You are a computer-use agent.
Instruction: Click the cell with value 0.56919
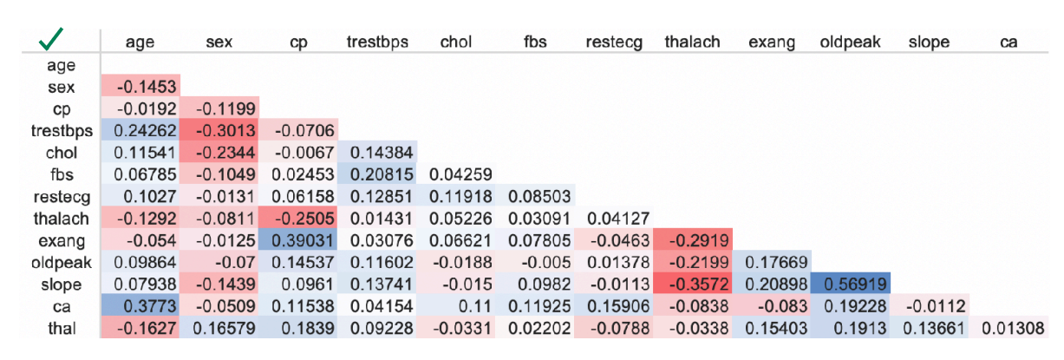[x=850, y=284]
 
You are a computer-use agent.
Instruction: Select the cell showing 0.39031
[x=297, y=240]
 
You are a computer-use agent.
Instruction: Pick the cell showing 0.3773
[x=140, y=305]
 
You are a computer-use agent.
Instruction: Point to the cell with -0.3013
[x=219, y=131]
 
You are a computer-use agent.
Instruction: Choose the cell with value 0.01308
[x=1009, y=327]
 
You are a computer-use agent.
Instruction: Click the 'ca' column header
[x=1008, y=42]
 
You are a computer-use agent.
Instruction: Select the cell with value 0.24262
[x=140, y=131]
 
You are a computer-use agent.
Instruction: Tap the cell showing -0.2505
[x=297, y=219]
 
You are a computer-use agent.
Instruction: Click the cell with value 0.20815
[x=376, y=174]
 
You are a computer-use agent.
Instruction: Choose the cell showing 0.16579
[x=219, y=327]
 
